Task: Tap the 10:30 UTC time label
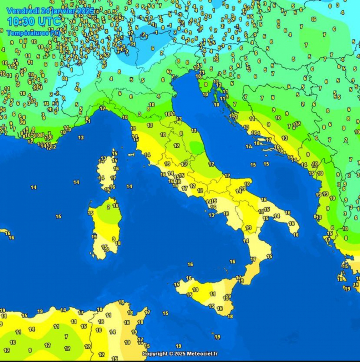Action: (x=34, y=21)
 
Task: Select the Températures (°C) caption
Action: (x=34, y=33)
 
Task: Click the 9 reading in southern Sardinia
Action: (x=114, y=239)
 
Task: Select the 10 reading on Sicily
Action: (x=195, y=290)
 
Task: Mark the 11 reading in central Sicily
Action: (x=213, y=294)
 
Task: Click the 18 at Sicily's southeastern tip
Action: (x=230, y=316)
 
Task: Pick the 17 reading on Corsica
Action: (x=113, y=178)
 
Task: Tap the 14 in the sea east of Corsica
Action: (x=129, y=187)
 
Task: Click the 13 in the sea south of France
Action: (x=81, y=137)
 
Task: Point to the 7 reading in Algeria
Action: (x=66, y=337)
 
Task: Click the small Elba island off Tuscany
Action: (x=131, y=154)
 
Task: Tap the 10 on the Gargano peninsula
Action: (x=247, y=184)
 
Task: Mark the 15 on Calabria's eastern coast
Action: (x=269, y=256)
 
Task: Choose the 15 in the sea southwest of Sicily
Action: (x=166, y=313)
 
